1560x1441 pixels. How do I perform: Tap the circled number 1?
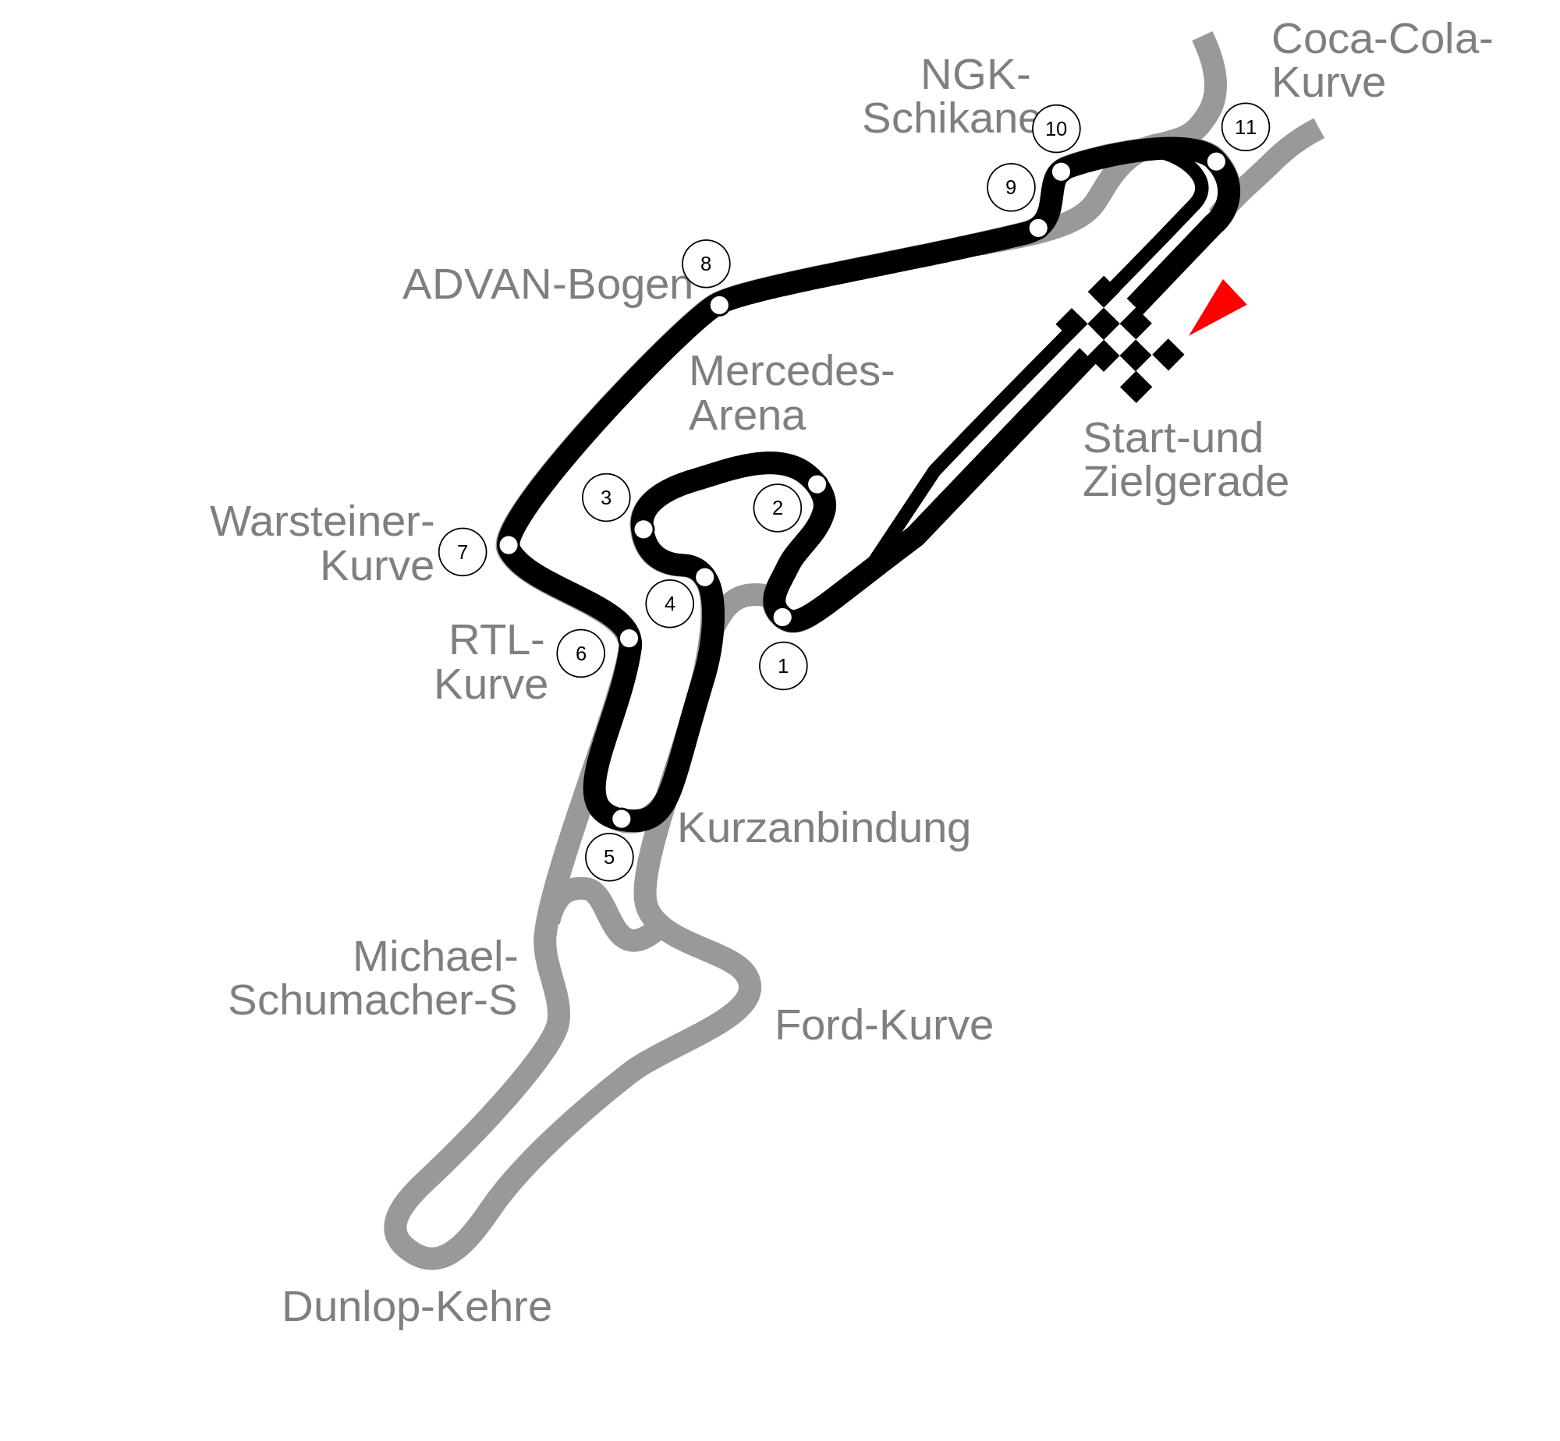(x=783, y=666)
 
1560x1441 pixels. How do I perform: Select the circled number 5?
(x=609, y=857)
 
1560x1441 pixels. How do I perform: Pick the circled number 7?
(x=463, y=552)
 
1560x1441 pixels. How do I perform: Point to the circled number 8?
(x=706, y=264)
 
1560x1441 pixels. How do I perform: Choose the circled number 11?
(x=1246, y=127)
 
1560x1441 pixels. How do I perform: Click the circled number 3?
(x=606, y=497)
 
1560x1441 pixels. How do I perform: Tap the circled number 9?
(x=1011, y=187)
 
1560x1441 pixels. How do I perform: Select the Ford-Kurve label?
(x=884, y=1025)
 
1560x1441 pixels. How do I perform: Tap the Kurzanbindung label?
(x=824, y=827)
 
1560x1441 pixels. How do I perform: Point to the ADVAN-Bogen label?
(x=548, y=285)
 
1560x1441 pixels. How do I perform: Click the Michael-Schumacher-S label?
(x=373, y=978)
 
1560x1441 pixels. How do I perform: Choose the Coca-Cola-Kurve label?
(x=1382, y=61)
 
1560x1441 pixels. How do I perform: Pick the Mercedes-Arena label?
(x=792, y=392)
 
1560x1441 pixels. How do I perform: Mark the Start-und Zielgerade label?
(x=1186, y=459)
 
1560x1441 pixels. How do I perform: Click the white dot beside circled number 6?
(x=629, y=639)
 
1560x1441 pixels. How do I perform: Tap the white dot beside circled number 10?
(x=1061, y=172)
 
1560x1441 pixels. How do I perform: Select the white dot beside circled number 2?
(x=817, y=484)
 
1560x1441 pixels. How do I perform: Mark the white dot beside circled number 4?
(x=704, y=577)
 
